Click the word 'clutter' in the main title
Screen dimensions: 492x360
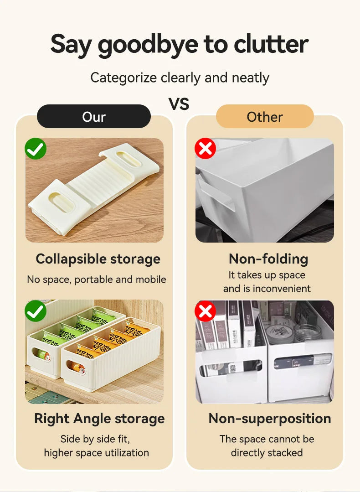[271, 44]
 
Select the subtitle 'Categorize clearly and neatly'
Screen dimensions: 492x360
[180, 78]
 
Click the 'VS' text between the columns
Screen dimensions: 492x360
[179, 104]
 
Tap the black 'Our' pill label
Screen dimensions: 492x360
[93, 117]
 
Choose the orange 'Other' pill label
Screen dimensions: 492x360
[265, 117]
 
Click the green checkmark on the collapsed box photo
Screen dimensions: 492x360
[36, 149]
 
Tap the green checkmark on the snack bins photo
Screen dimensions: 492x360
[36, 311]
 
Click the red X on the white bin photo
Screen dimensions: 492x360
[206, 149]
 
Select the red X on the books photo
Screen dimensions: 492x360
[206, 311]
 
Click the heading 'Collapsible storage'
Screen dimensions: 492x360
[98, 259]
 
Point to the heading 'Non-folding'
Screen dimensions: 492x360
[268, 259]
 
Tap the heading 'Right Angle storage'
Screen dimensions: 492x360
[99, 419]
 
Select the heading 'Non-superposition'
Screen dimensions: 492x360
[270, 419]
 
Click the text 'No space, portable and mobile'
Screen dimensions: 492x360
[97, 280]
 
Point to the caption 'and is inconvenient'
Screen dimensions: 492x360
[267, 289]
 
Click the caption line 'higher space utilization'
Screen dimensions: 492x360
[96, 453]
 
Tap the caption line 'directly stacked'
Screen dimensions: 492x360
[267, 453]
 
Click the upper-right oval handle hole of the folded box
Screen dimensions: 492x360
[128, 159]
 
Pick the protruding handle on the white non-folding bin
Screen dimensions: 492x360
[216, 195]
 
